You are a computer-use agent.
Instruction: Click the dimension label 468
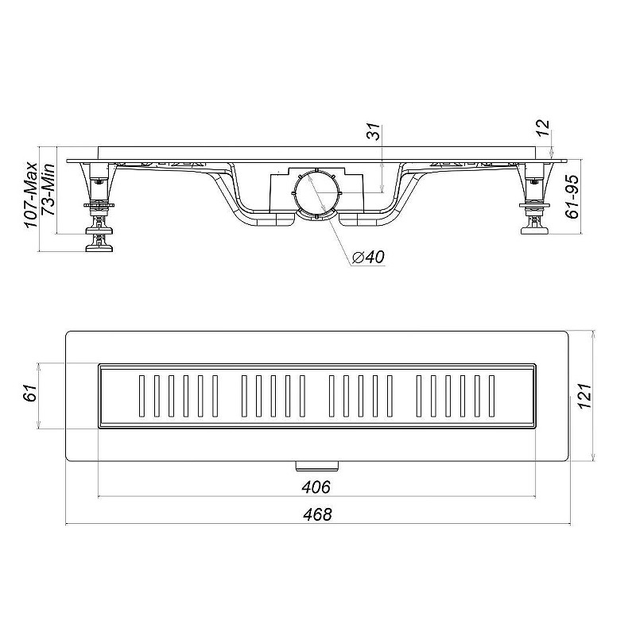point(317,514)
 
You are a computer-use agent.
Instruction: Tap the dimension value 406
point(316,487)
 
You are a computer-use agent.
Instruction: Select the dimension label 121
point(585,396)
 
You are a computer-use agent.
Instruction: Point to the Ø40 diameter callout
point(367,257)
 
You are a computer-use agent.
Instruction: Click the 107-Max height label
point(31,196)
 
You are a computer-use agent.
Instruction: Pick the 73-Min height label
point(48,189)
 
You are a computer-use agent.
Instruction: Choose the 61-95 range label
point(572,196)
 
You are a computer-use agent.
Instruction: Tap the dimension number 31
point(374,131)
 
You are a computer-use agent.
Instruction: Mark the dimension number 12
point(544,128)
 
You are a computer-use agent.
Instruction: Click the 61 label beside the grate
point(30,392)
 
